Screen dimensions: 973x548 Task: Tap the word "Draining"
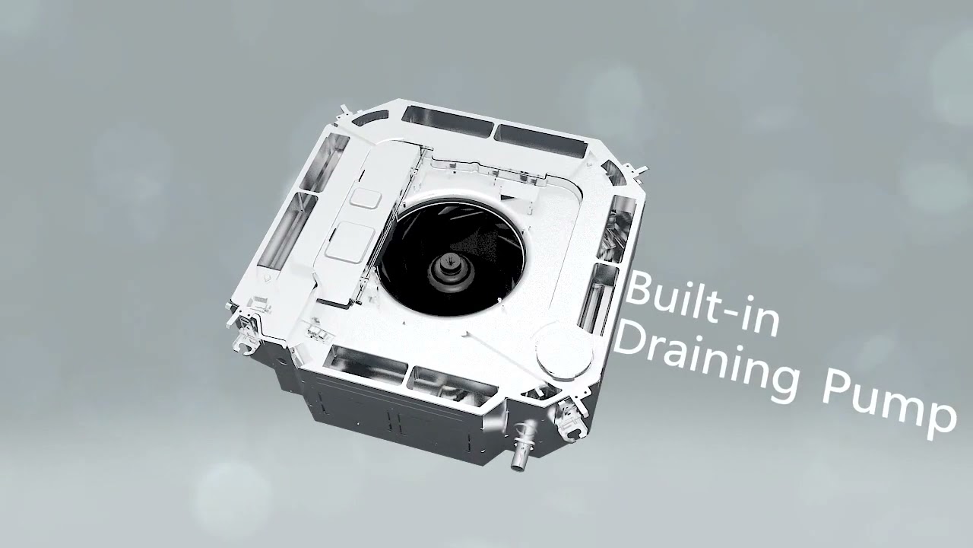[706, 364]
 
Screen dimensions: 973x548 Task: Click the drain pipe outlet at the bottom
[523, 445]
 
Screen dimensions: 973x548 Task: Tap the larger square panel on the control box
[350, 242]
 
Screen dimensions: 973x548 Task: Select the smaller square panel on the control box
[366, 197]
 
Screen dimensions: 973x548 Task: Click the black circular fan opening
[452, 258]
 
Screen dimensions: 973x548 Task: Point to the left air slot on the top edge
[448, 121]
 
